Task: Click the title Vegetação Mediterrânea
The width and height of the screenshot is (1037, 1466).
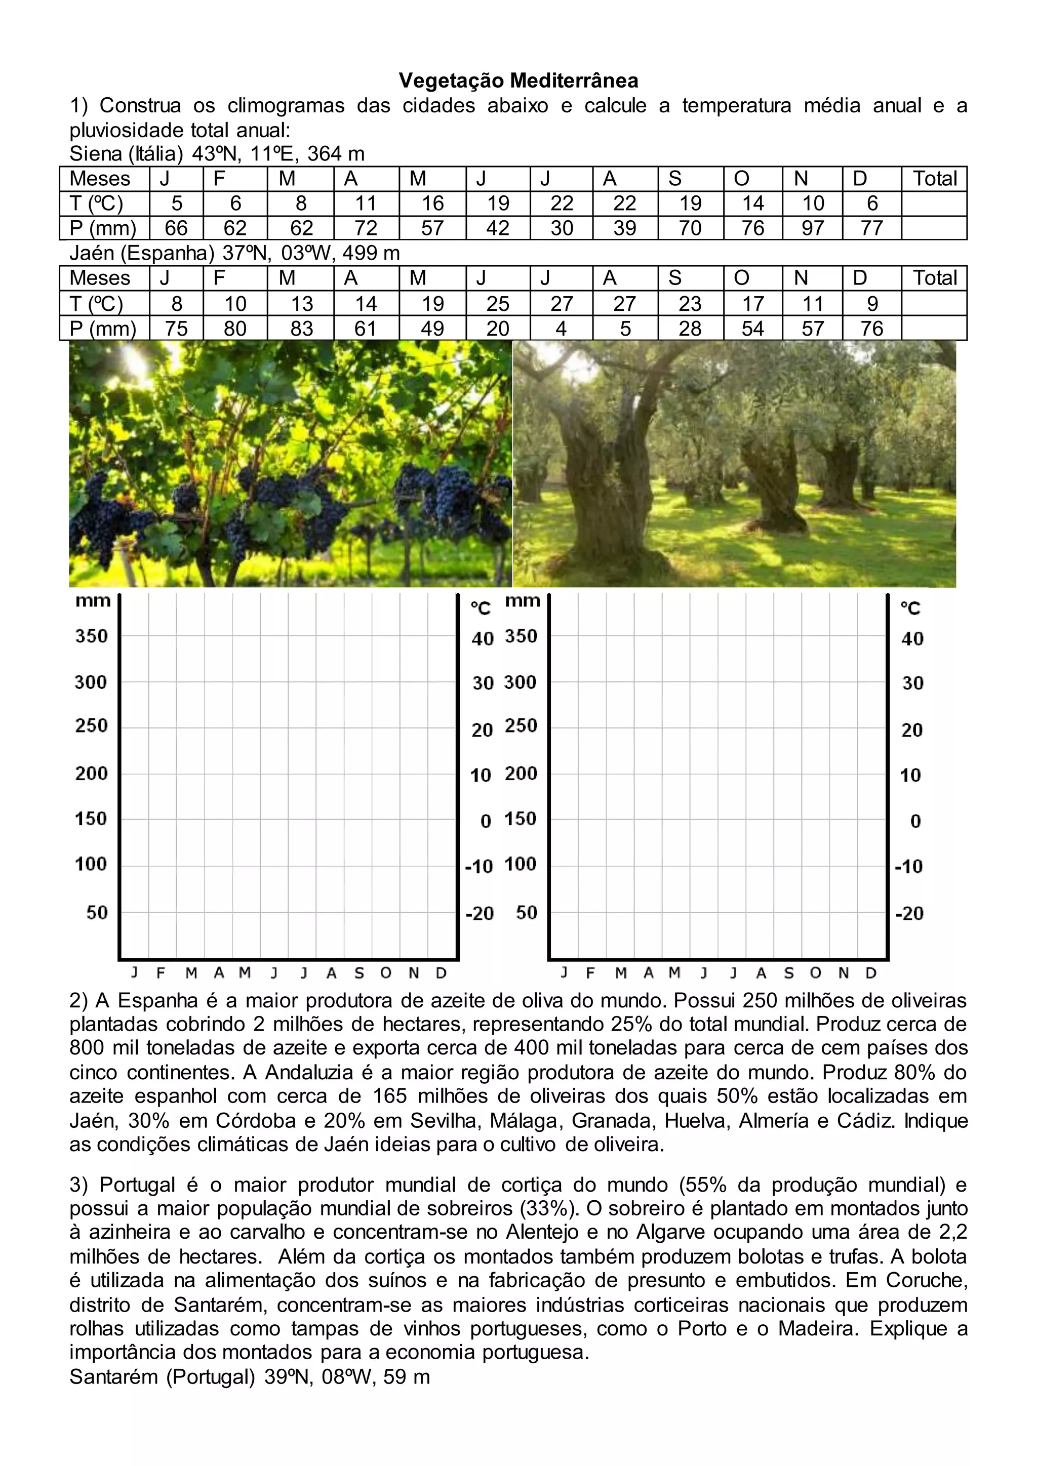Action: coord(518,81)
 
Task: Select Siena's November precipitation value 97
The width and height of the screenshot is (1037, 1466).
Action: coord(812,228)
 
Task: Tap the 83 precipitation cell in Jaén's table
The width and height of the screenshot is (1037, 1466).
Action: coord(301,328)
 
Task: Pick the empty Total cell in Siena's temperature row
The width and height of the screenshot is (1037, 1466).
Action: coord(934,203)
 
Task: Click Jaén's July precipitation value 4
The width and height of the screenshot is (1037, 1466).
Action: coord(561,328)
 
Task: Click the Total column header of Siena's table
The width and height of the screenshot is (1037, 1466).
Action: coord(934,179)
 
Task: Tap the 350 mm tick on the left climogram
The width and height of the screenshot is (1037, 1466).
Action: coord(91,636)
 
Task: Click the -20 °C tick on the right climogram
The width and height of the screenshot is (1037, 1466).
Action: coord(909,913)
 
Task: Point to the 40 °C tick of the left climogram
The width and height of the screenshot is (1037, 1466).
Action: coord(483,638)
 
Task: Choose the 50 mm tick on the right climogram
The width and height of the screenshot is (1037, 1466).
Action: coord(526,912)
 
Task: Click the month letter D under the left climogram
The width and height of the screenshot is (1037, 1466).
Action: coord(441,973)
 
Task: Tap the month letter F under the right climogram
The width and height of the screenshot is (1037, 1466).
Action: coord(590,973)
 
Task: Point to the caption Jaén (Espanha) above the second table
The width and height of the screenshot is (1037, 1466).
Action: coord(142,254)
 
